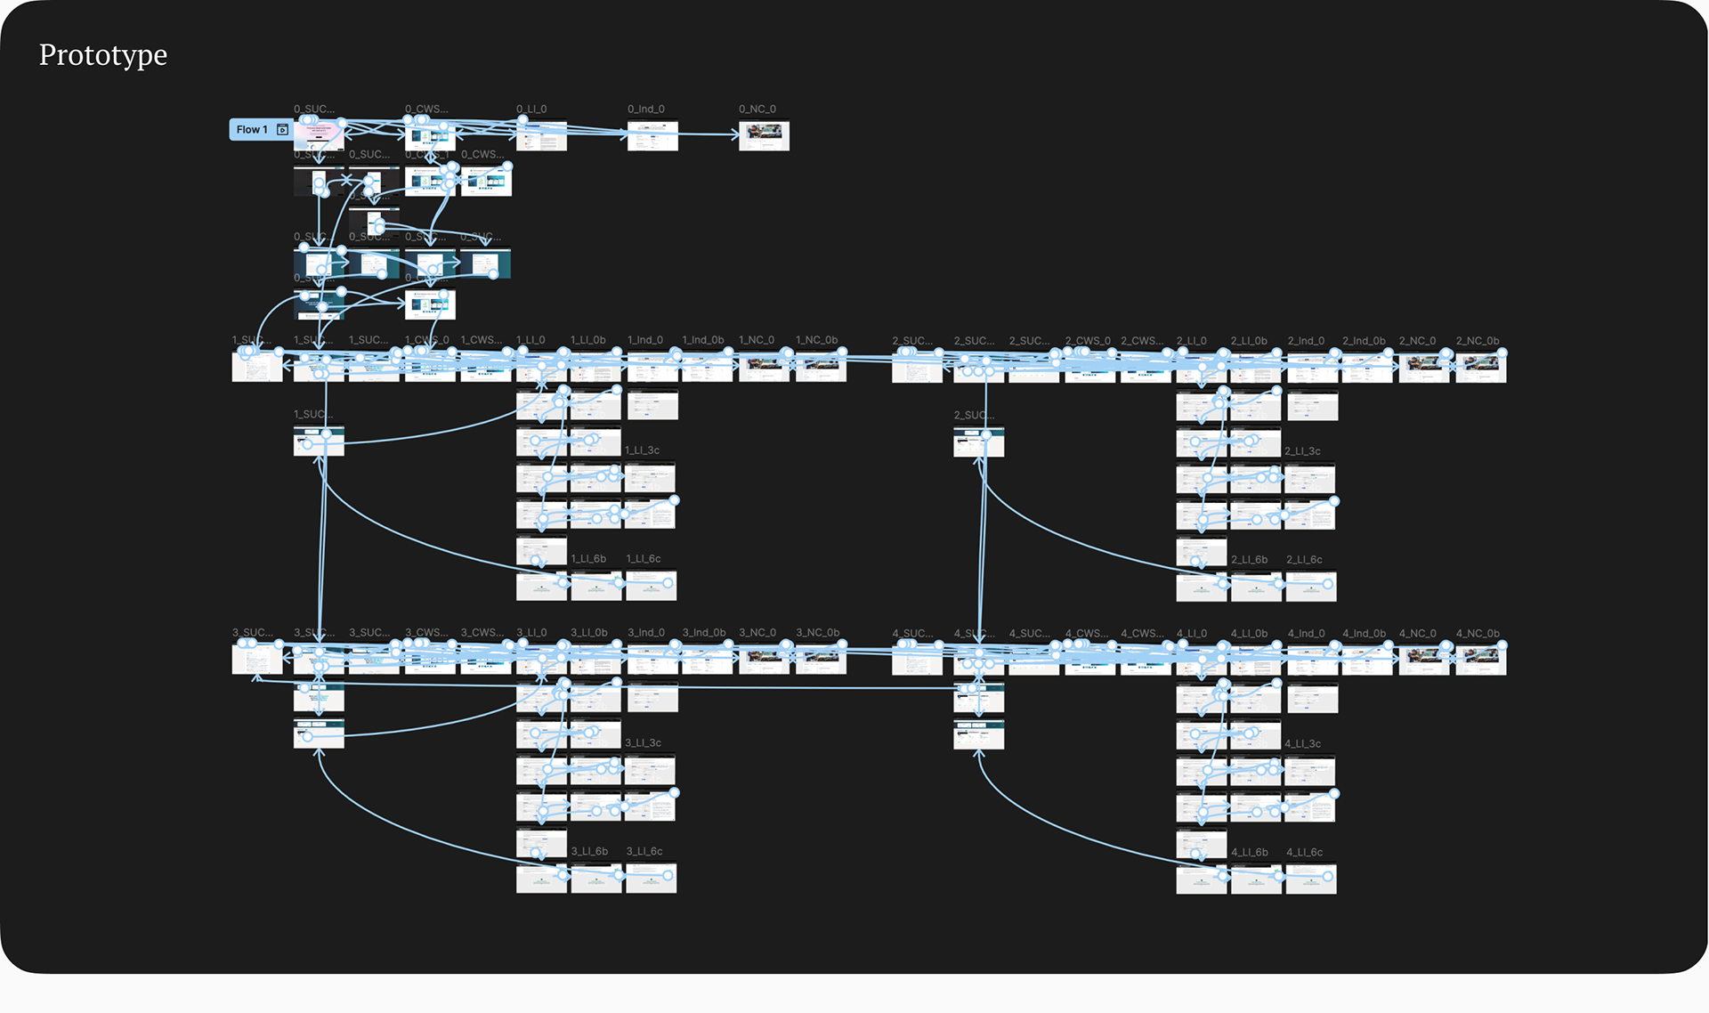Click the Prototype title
tap(103, 55)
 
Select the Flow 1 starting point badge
tap(259, 130)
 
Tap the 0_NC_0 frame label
tap(757, 109)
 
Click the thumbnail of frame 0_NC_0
tap(764, 136)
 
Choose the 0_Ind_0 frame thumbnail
tap(652, 136)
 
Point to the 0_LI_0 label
tap(531, 109)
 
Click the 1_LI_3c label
tap(642, 450)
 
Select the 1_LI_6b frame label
tap(588, 559)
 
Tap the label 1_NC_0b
tap(816, 340)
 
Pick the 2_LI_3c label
tap(1302, 451)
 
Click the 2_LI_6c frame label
tap(1304, 560)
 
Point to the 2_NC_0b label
tap(1478, 341)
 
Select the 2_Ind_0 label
tap(1306, 341)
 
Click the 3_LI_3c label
tap(643, 742)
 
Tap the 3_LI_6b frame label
tap(589, 852)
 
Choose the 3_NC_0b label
tap(817, 633)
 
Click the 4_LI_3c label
tap(1302, 743)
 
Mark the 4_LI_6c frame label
tap(1304, 853)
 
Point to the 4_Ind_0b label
tap(1364, 634)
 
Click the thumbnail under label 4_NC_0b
tap(1481, 660)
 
